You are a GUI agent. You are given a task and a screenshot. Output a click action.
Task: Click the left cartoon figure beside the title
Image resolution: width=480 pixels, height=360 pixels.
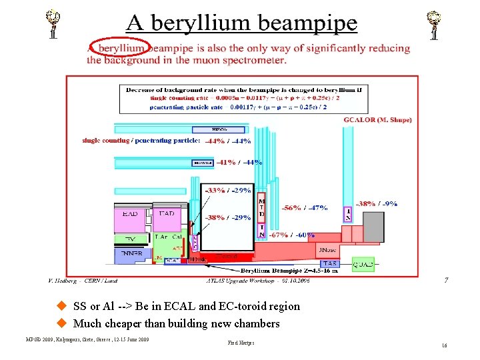(53, 25)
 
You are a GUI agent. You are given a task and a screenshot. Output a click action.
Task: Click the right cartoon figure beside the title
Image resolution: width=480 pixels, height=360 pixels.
(435, 25)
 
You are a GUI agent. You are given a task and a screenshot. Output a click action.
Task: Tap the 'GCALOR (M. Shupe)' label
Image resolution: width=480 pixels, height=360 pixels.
(377, 120)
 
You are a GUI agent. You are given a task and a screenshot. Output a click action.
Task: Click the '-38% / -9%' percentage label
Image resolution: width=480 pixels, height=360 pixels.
(378, 204)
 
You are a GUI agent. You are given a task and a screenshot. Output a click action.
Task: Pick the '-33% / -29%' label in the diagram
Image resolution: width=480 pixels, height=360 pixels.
(228, 190)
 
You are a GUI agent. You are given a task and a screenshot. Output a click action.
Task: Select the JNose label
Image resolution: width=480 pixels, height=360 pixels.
(328, 250)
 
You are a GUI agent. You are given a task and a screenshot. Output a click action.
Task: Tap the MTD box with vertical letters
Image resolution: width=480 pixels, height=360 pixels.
(262, 207)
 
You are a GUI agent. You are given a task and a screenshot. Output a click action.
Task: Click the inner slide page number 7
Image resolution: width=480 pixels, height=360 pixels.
(447, 281)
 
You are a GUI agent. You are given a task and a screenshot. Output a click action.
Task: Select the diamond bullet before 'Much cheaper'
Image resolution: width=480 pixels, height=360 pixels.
(62, 323)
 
